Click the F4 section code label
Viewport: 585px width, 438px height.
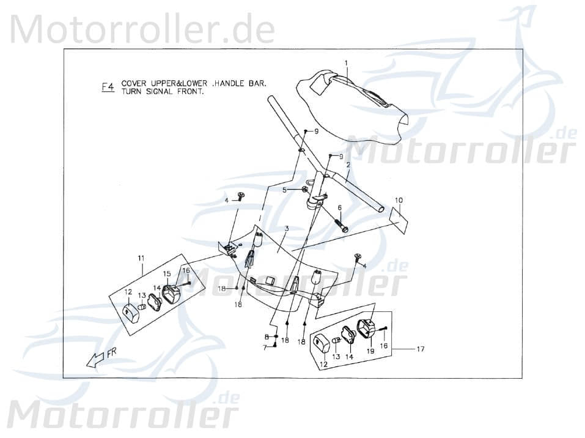pos(107,87)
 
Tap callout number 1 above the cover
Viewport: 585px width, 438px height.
pos(345,63)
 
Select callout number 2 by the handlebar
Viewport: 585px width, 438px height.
pos(365,165)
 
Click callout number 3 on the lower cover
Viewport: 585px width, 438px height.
pos(286,228)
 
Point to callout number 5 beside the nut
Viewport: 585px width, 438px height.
pos(284,190)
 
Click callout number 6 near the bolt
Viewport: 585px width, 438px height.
pos(339,208)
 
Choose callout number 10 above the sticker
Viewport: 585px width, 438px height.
pos(399,200)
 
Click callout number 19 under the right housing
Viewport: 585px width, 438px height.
pos(370,352)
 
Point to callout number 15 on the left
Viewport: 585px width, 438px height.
pos(166,273)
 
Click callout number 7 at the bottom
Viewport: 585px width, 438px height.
pos(266,347)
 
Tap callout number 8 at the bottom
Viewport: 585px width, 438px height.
pos(266,337)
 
